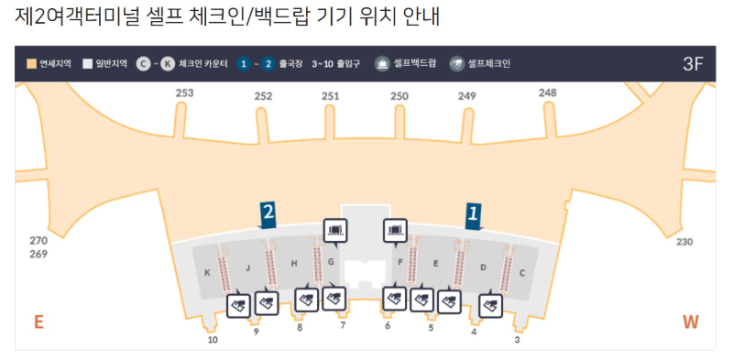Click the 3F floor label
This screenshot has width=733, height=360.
point(693,64)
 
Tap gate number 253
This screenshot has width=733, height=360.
point(185,93)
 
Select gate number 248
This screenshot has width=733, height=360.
point(548,93)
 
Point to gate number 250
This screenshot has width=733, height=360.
point(399,96)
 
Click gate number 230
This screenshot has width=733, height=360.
point(684,242)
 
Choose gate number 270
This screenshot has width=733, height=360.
point(38,241)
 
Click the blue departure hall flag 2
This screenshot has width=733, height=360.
point(268,214)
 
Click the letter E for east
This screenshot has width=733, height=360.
point(38,322)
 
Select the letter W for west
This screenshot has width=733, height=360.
point(691,322)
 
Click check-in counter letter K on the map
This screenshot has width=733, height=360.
point(208,272)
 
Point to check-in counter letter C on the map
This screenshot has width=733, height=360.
point(522,272)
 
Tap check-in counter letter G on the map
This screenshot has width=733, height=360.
point(331,262)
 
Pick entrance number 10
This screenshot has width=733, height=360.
point(213,340)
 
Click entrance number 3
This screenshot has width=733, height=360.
point(517,340)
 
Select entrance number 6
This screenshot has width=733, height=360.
point(388,325)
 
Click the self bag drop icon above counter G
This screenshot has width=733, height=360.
point(335,231)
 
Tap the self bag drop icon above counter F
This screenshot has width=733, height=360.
point(396,231)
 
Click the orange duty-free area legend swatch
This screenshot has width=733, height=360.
point(31,64)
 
